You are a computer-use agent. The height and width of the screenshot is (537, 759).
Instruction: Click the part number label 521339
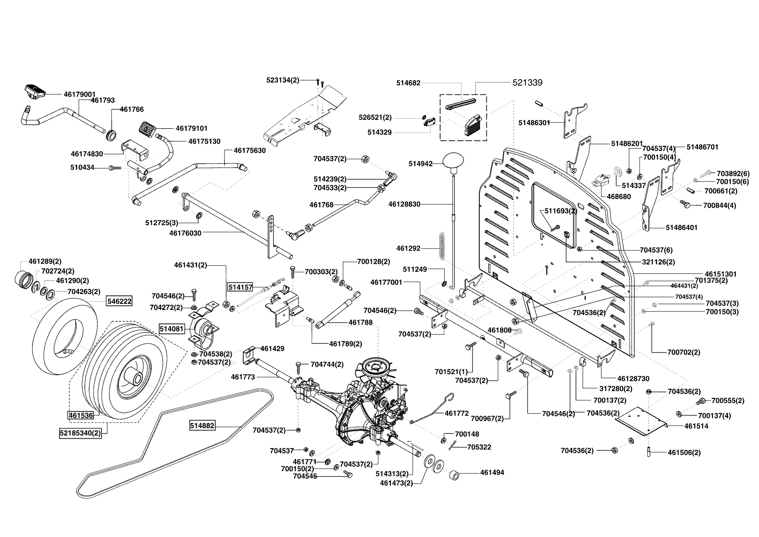(x=527, y=82)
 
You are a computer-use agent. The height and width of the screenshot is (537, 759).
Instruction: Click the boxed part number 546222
(x=120, y=301)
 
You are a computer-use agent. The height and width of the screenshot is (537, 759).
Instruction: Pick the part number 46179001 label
(x=80, y=94)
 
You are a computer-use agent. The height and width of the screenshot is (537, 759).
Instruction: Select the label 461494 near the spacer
(x=492, y=472)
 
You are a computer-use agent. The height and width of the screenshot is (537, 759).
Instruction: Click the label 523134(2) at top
(x=283, y=80)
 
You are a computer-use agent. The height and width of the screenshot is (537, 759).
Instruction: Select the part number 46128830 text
(x=404, y=204)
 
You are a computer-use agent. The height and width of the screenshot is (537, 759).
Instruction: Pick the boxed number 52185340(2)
(x=80, y=432)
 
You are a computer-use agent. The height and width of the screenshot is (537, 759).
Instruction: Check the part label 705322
(x=479, y=447)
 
